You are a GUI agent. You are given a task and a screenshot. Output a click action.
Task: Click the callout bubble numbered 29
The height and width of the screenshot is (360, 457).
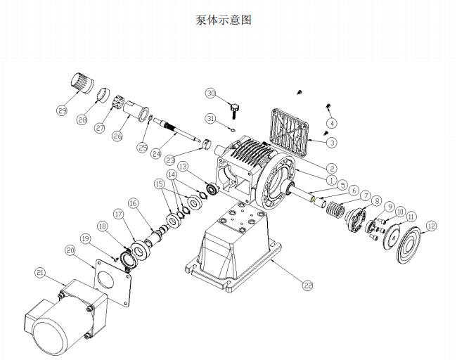61,110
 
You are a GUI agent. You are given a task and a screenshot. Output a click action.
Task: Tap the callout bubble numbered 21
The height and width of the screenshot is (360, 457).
40,273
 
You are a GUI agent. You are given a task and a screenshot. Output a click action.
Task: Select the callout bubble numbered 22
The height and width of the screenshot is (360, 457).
307,285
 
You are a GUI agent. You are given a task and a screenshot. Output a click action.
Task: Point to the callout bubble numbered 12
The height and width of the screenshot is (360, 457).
430,226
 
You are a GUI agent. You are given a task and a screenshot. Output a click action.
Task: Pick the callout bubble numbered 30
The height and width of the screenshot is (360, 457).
210,93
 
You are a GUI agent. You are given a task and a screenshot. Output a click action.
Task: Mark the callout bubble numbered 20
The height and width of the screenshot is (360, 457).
70,250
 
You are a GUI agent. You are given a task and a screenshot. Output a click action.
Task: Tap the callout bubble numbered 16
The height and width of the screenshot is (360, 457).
133,203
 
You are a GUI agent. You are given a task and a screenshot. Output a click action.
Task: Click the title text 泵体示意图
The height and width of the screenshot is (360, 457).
223,20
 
